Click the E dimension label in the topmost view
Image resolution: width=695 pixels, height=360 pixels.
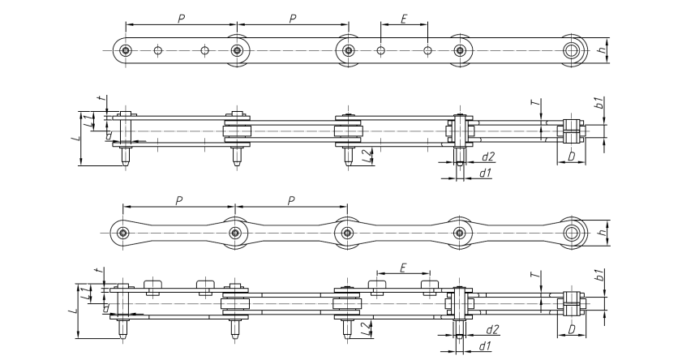pos(404,19)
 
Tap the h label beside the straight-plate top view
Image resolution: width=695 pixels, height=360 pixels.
pos(602,50)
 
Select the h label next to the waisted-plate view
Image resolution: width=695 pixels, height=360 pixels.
pos(602,233)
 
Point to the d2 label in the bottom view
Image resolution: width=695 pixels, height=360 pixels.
pos(492,329)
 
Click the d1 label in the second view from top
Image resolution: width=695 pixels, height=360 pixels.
pos(486,173)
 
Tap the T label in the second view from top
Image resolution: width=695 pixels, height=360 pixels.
pos(536,102)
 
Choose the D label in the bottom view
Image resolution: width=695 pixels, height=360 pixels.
pos(572,329)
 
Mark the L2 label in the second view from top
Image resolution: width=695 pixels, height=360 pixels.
pos(366,155)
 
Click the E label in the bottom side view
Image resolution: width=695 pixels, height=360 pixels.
pos(403,268)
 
